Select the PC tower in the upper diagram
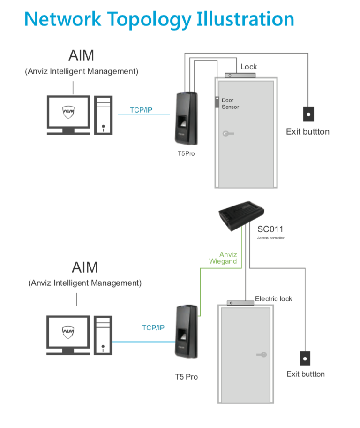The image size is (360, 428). pyautogui.click(x=103, y=115)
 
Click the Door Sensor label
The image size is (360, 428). pyautogui.click(x=230, y=104)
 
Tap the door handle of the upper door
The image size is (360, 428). pyautogui.click(x=228, y=134)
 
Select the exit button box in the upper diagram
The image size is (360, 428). pyautogui.click(x=308, y=114)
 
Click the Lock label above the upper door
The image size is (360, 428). pyautogui.click(x=248, y=67)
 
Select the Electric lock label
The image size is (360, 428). pyautogui.click(x=273, y=298)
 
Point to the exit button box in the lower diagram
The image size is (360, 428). pyautogui.click(x=305, y=358)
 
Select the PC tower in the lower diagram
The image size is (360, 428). pyautogui.click(x=103, y=335)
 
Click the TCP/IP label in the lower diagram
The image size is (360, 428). pyautogui.click(x=153, y=328)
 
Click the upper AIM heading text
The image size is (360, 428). pyautogui.click(x=81, y=55)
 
